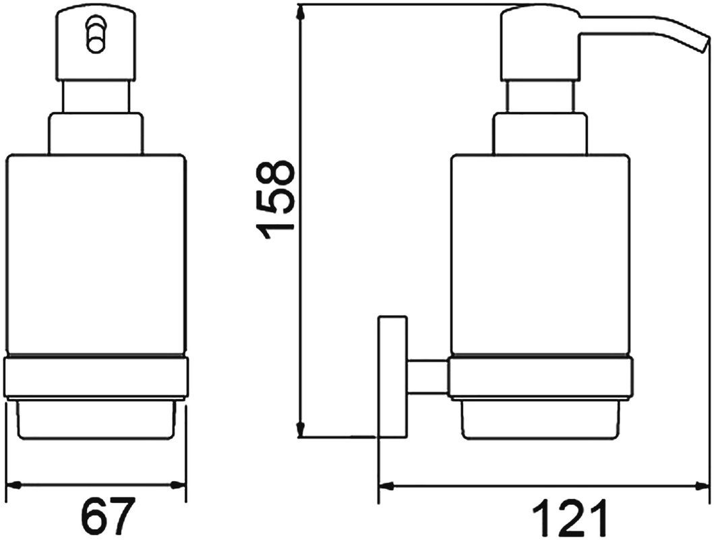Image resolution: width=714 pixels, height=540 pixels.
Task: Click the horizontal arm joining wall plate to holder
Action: tap(427, 376)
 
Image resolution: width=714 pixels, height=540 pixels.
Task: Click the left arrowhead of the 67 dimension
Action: tap(15, 485)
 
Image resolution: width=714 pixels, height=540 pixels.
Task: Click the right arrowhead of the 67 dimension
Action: tap(178, 485)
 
